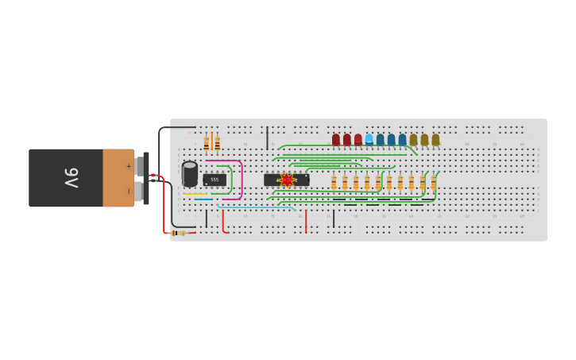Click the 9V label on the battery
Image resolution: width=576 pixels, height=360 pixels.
[x=72, y=177]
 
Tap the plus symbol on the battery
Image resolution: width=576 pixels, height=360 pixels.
[x=129, y=166]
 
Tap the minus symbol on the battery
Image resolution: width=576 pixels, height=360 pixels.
[x=129, y=191]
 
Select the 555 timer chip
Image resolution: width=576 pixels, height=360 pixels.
[x=215, y=180]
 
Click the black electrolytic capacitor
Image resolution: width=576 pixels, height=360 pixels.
[x=190, y=173]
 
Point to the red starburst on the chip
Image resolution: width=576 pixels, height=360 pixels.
[x=287, y=180]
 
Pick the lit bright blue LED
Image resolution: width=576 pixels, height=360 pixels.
[x=369, y=139]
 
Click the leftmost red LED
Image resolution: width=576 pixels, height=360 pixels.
[x=336, y=140]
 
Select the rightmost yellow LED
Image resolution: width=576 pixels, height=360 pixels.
[x=435, y=140]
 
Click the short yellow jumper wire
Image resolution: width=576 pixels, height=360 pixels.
[x=195, y=194]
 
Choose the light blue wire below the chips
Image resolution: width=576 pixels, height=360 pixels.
[x=254, y=207]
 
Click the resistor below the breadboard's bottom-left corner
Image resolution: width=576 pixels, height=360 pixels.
[x=180, y=233]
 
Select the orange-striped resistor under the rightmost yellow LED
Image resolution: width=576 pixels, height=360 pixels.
[x=434, y=184]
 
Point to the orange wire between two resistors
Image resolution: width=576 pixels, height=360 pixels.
[x=211, y=142]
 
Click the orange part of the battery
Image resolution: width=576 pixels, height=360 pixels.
[x=118, y=178]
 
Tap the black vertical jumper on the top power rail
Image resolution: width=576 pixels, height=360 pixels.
[x=267, y=137]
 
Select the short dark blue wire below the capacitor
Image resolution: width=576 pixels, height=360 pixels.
[x=203, y=199]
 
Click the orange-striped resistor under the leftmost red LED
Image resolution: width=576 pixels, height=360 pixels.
[x=334, y=184]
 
